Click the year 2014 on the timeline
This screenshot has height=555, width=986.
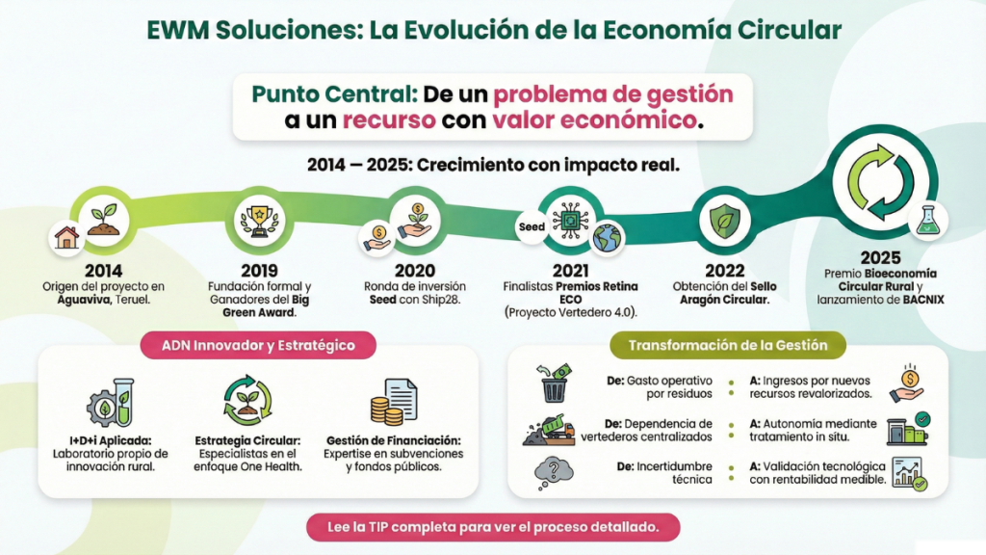(x=102, y=270)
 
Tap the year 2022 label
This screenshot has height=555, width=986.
(x=724, y=270)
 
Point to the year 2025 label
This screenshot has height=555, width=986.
(x=881, y=258)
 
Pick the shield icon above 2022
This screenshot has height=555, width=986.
(x=724, y=222)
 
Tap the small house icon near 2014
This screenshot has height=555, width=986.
(x=67, y=237)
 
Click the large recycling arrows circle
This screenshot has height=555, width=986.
(x=881, y=181)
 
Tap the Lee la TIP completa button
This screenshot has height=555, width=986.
(x=493, y=527)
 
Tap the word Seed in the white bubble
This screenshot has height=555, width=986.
(x=532, y=227)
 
